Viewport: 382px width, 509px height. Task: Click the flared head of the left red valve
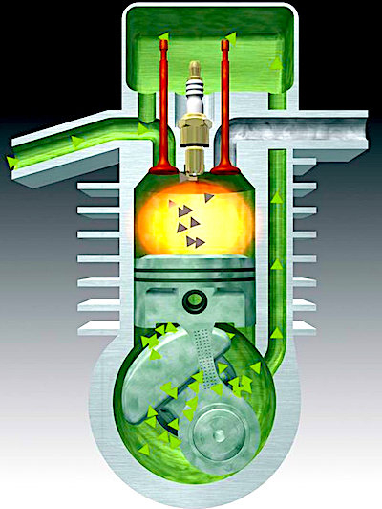(163, 170)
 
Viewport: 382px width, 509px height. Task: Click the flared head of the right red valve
(226, 170)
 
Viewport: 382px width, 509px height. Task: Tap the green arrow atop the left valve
(163, 39)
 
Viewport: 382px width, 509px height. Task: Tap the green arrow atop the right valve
(229, 39)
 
